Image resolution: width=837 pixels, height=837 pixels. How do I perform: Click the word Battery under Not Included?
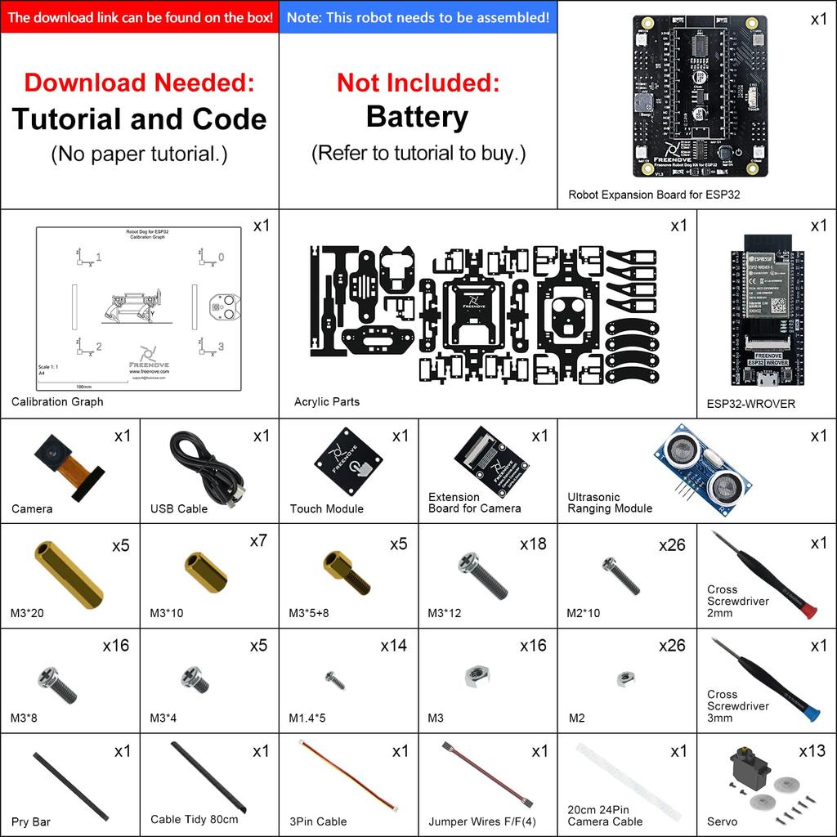pyautogui.click(x=417, y=117)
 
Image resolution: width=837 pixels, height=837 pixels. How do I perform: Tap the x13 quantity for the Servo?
pyautogui.click(x=812, y=750)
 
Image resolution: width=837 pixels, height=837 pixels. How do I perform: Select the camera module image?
pyautogui.click(x=65, y=465)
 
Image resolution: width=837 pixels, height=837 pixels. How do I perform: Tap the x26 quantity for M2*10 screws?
pyautogui.click(x=672, y=545)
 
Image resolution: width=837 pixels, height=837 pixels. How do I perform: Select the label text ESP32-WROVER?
pyautogui.click(x=750, y=404)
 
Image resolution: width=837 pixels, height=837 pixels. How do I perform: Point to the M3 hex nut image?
pyautogui.click(x=477, y=675)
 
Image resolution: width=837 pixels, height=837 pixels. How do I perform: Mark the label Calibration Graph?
pyautogui.click(x=57, y=401)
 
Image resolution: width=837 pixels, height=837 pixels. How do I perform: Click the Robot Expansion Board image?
pyautogui.click(x=700, y=96)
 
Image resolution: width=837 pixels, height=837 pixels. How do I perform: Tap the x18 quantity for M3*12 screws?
pyautogui.click(x=533, y=544)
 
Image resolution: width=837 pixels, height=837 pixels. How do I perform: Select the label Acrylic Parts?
pyautogui.click(x=326, y=401)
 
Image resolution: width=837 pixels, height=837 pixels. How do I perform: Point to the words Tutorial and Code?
pyautogui.click(x=139, y=119)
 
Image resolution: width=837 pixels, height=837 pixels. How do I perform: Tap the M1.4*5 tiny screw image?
pyautogui.click(x=334, y=679)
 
